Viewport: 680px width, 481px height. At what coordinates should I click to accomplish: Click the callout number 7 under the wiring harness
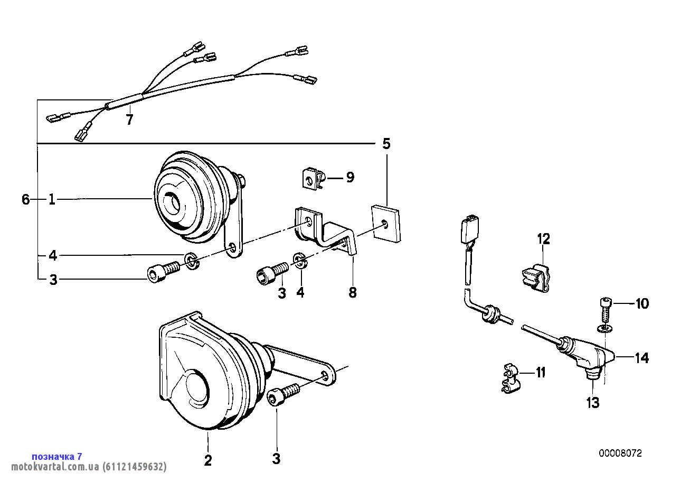pos(130,119)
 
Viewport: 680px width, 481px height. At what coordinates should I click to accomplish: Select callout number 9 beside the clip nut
pos(350,177)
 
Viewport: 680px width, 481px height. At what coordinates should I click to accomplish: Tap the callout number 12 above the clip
pos(544,239)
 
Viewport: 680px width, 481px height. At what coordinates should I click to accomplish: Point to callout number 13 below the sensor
pos(593,403)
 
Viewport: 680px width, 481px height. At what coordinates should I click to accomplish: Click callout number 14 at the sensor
pos(642,358)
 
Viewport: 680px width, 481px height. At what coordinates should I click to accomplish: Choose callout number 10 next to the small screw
pos(642,303)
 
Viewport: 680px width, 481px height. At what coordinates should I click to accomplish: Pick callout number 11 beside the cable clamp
pos(541,372)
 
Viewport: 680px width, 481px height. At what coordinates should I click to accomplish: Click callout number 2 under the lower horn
pos(207,460)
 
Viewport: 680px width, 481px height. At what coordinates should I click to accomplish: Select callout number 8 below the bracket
pos(353,292)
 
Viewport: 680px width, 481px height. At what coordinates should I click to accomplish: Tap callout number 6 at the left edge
pos(25,200)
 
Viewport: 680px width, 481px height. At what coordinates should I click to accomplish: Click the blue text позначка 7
pos(57,456)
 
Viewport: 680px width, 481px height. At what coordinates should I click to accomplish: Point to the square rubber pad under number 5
pos(386,224)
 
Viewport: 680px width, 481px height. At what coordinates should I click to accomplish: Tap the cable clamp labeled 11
pos(510,378)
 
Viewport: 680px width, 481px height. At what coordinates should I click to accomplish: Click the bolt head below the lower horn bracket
pos(276,396)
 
